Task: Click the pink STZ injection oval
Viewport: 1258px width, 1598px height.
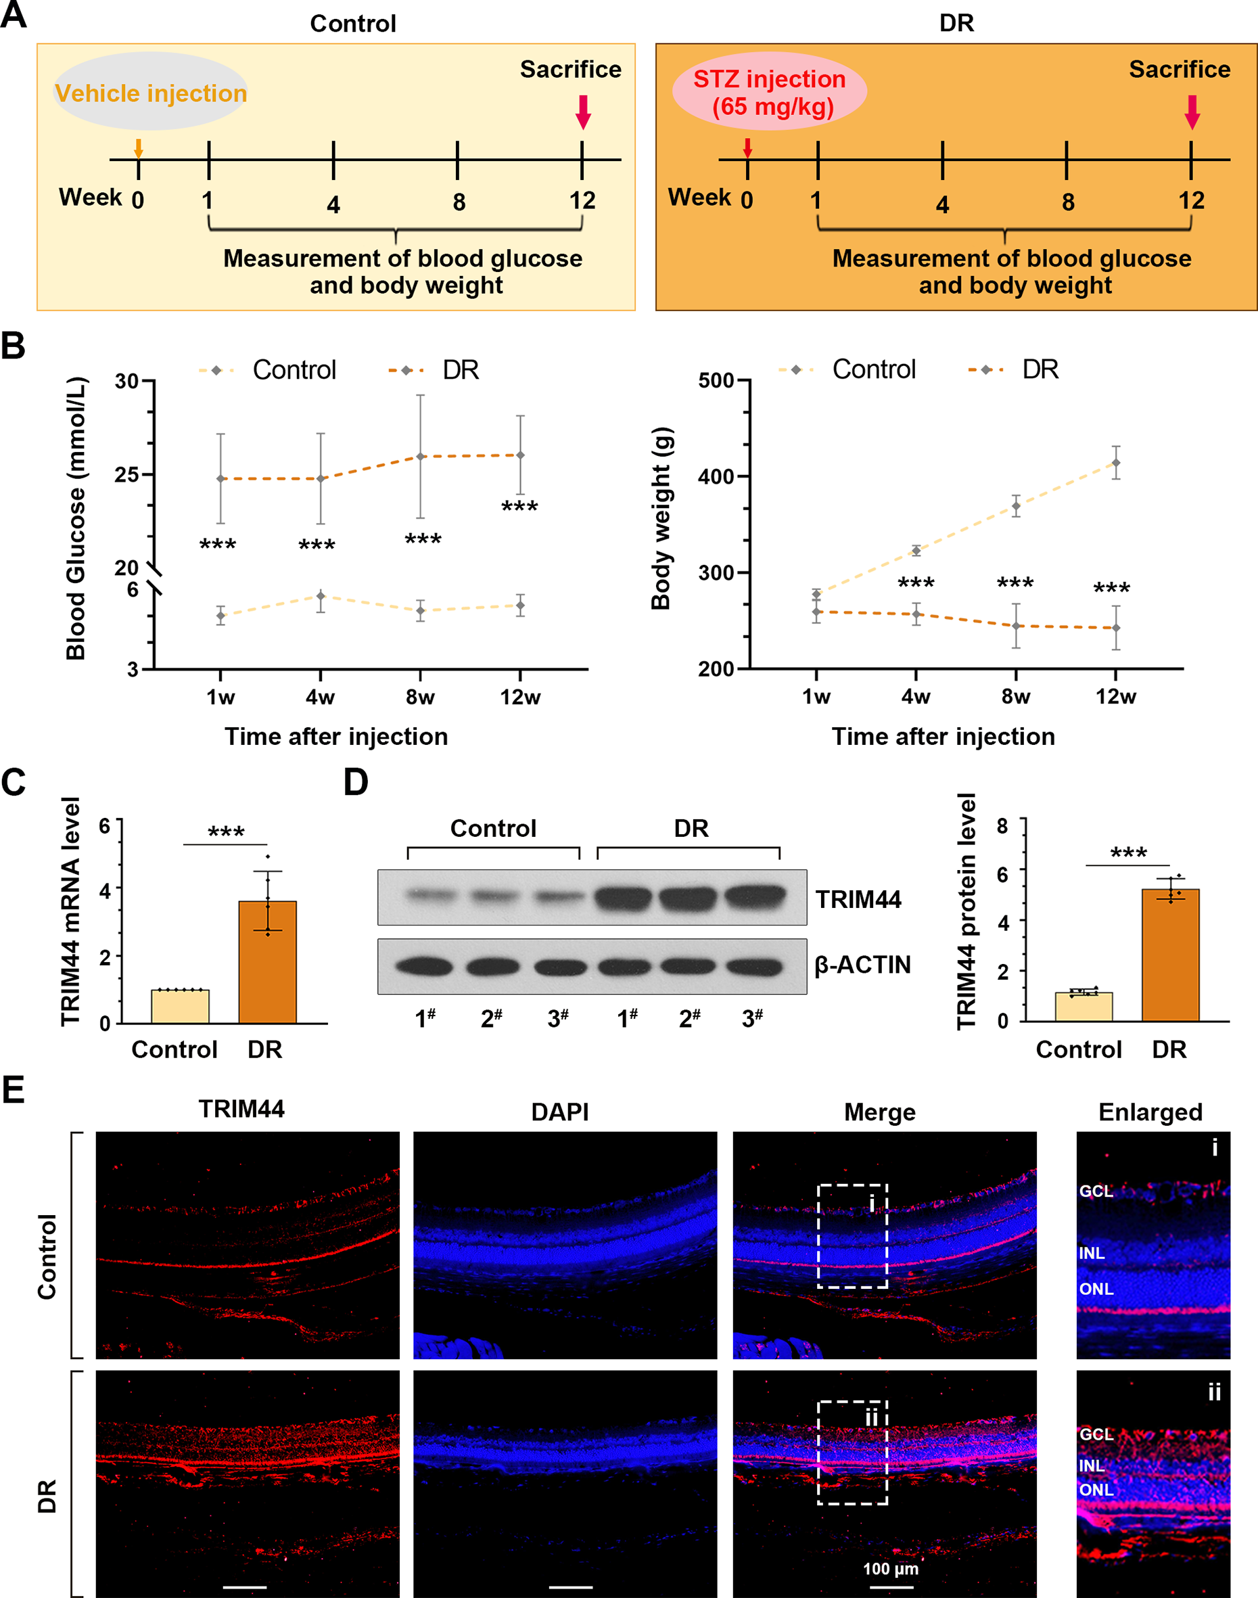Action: pyautogui.click(x=769, y=91)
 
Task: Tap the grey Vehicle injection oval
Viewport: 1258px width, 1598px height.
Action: pyautogui.click(x=150, y=91)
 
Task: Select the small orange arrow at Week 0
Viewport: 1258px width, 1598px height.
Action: pyautogui.click(x=138, y=148)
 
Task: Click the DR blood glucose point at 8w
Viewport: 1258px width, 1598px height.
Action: pyautogui.click(x=421, y=457)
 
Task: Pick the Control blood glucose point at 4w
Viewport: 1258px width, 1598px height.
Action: pyautogui.click(x=321, y=596)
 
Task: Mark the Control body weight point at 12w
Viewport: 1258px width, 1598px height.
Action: pyautogui.click(x=1116, y=463)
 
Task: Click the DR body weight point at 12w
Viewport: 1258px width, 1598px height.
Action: pyautogui.click(x=1116, y=628)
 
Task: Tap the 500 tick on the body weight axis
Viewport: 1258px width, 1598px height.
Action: pyautogui.click(x=743, y=381)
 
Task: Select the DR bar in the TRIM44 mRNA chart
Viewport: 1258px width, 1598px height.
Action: pyautogui.click(x=267, y=961)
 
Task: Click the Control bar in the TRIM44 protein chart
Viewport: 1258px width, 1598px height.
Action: pyautogui.click(x=1084, y=1007)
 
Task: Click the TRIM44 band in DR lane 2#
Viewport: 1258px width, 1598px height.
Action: pyautogui.click(x=687, y=898)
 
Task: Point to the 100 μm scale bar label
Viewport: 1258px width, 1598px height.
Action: pyautogui.click(x=891, y=1568)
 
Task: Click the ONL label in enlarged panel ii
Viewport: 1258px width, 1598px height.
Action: pyautogui.click(x=1096, y=1490)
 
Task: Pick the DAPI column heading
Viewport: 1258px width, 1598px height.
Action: pyautogui.click(x=560, y=1112)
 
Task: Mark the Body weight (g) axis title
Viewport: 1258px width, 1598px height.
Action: pyautogui.click(x=661, y=519)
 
